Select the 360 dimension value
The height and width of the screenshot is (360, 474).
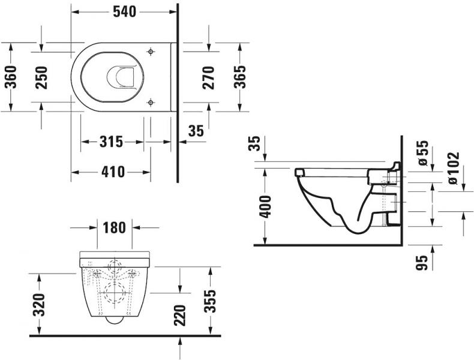coord(11,76)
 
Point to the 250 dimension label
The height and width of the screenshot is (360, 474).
coord(41,76)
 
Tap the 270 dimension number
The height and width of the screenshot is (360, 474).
coord(208,76)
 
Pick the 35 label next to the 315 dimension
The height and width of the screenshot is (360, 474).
coord(196,130)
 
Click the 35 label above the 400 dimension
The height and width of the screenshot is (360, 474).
coord(254,144)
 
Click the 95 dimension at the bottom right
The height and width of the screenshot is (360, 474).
coord(422,262)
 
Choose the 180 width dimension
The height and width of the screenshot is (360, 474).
coord(115,228)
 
